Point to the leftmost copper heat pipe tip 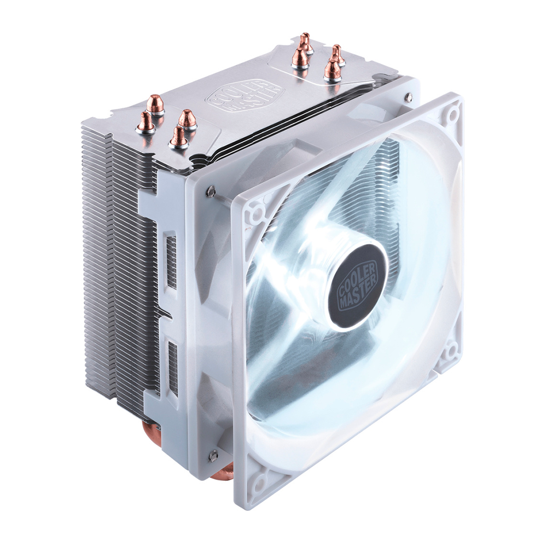[x=146, y=121]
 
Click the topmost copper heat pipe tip [x=306, y=42]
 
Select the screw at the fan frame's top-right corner [x=409, y=97]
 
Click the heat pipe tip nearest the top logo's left [x=187, y=119]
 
